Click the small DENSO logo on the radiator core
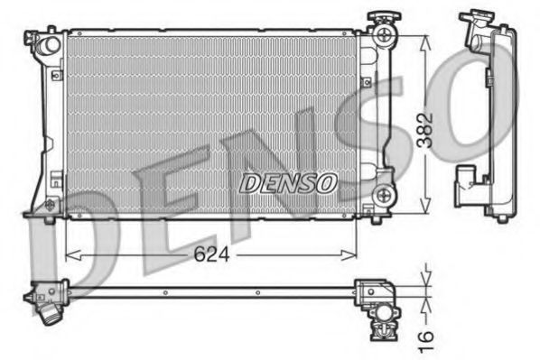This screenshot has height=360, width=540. [288, 182]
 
